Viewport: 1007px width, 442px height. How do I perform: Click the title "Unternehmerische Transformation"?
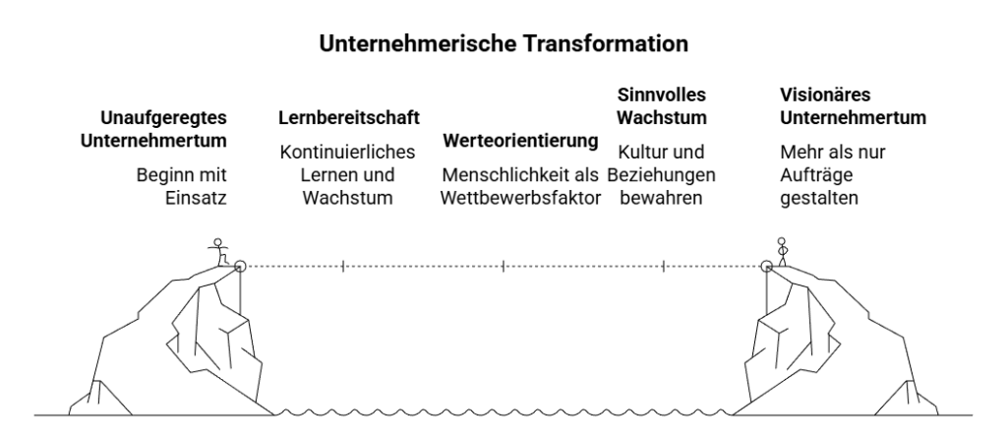tap(503, 44)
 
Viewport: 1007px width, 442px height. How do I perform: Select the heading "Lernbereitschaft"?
tap(349, 118)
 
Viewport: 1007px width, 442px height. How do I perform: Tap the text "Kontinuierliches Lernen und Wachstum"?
tap(348, 174)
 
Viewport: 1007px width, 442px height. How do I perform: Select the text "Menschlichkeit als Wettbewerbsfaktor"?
tap(521, 186)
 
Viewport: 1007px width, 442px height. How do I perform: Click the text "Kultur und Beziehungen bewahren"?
tap(661, 174)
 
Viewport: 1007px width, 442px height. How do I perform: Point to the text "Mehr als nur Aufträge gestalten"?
tap(817, 174)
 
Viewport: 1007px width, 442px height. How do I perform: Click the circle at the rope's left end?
tap(240, 266)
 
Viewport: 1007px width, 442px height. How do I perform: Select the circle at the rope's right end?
tap(766, 266)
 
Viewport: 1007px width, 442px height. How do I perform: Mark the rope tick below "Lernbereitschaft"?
tap(342, 266)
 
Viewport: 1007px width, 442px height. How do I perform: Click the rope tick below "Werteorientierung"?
tap(503, 266)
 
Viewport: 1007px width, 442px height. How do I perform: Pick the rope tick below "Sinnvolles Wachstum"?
tap(664, 266)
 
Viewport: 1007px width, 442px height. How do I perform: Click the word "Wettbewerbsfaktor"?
tap(521, 197)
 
